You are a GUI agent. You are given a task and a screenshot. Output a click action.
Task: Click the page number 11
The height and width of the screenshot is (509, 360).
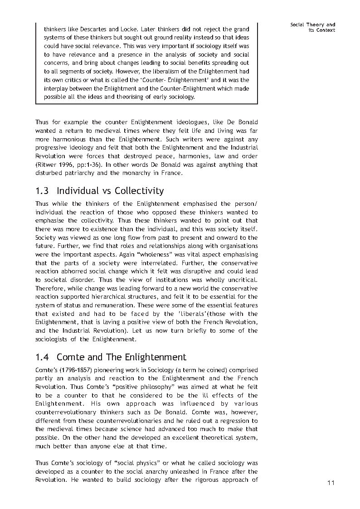point(331,483)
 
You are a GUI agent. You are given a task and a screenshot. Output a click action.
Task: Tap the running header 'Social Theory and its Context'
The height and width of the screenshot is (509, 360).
point(313,27)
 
